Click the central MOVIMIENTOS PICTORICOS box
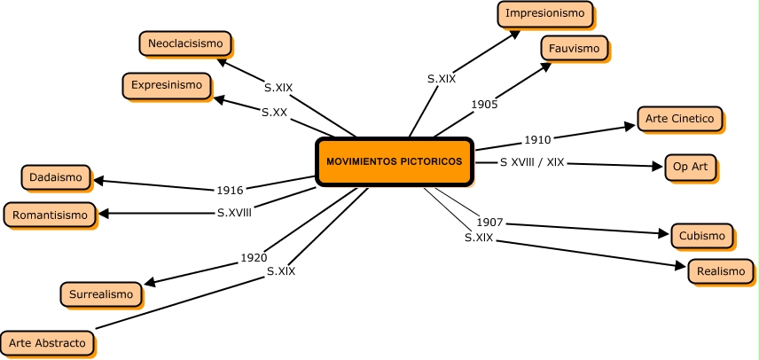click(x=394, y=161)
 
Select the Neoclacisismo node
click(x=185, y=43)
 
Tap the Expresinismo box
click(x=167, y=85)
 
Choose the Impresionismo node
click(x=545, y=13)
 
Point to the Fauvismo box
click(x=575, y=48)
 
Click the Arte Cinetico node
click(x=680, y=118)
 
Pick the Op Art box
click(x=690, y=166)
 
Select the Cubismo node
click(x=702, y=235)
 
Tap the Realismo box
click(x=720, y=271)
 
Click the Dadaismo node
click(x=56, y=177)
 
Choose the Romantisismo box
click(x=50, y=214)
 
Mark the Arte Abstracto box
click(x=47, y=342)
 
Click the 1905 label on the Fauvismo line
click(x=484, y=104)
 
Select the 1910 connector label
click(x=537, y=139)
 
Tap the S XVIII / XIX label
click(x=532, y=162)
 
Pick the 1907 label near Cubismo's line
click(x=489, y=222)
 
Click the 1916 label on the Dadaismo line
click(x=230, y=190)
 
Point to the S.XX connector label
click(x=274, y=113)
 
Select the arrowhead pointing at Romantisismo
click(x=104, y=214)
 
